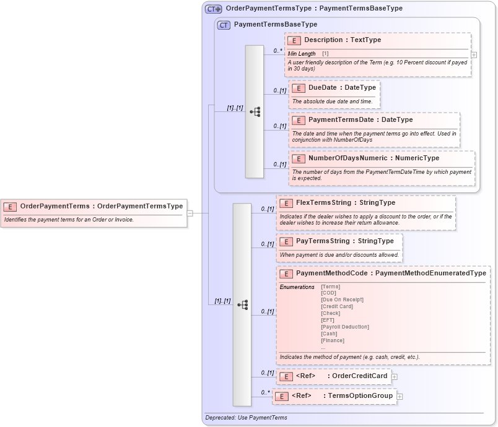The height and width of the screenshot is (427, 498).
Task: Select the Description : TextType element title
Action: point(343,40)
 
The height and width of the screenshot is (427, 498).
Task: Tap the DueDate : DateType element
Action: point(342,88)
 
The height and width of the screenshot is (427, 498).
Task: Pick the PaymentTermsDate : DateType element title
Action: point(360,120)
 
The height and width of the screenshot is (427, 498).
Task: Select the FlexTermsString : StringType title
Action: point(345,203)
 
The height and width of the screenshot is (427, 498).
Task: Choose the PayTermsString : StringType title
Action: point(344,241)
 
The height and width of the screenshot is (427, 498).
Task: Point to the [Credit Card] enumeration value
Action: point(337,306)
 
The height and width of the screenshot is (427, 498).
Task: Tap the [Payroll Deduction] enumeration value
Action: point(345,327)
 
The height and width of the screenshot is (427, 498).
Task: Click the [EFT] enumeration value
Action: point(328,320)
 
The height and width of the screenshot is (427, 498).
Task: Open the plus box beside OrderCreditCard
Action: point(395,376)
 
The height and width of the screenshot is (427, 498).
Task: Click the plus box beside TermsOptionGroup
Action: point(400,396)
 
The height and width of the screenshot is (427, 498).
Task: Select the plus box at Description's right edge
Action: point(474,54)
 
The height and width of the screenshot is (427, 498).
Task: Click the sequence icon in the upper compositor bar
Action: point(255,112)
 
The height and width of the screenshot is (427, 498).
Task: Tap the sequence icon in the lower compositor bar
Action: point(242,304)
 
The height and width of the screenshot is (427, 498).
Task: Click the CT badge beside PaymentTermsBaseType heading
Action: point(224,25)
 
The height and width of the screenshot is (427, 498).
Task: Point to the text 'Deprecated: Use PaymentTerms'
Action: point(246,418)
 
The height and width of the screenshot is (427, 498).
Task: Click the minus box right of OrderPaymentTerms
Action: point(190,213)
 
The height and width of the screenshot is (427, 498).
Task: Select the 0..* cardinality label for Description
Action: point(277,51)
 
